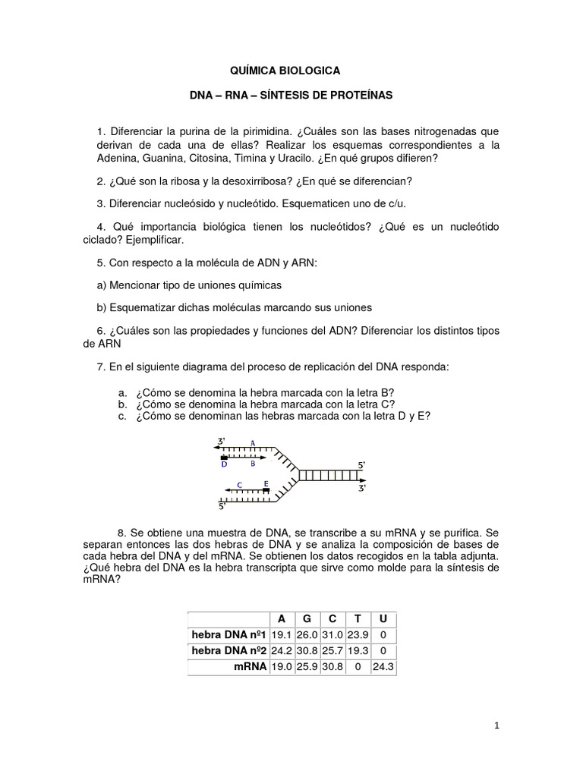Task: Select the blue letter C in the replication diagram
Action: pos(239,483)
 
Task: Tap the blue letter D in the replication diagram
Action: pos(224,464)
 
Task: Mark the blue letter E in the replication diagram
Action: pos(266,483)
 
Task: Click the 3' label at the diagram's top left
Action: pos(222,441)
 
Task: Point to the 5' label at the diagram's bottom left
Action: pos(222,505)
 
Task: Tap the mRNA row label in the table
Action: pos(250,667)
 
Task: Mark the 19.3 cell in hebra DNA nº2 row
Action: pos(357,651)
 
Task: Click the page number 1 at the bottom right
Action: pos(496,726)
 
